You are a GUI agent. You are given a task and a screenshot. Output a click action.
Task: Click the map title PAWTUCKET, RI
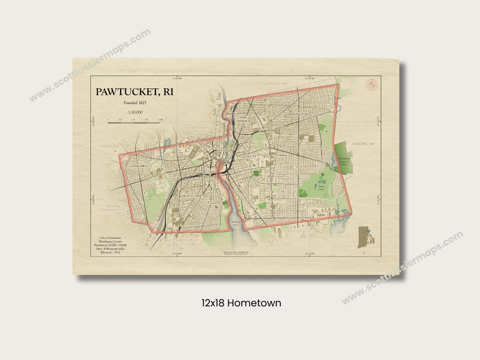[x=134, y=92]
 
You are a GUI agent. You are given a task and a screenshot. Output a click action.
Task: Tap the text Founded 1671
[x=135, y=103]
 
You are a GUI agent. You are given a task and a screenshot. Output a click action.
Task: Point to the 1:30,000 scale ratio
[x=135, y=112]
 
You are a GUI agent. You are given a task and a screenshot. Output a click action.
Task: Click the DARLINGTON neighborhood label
[x=297, y=114]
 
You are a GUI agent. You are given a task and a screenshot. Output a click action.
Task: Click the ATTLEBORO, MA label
[x=272, y=83]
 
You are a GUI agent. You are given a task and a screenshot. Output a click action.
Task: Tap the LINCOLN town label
[x=110, y=146]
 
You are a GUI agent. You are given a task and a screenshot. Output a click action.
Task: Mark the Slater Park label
[x=321, y=187]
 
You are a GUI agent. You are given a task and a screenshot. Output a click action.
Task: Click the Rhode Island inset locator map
[x=364, y=237]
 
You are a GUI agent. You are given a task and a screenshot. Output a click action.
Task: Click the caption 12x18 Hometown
[x=241, y=303]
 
